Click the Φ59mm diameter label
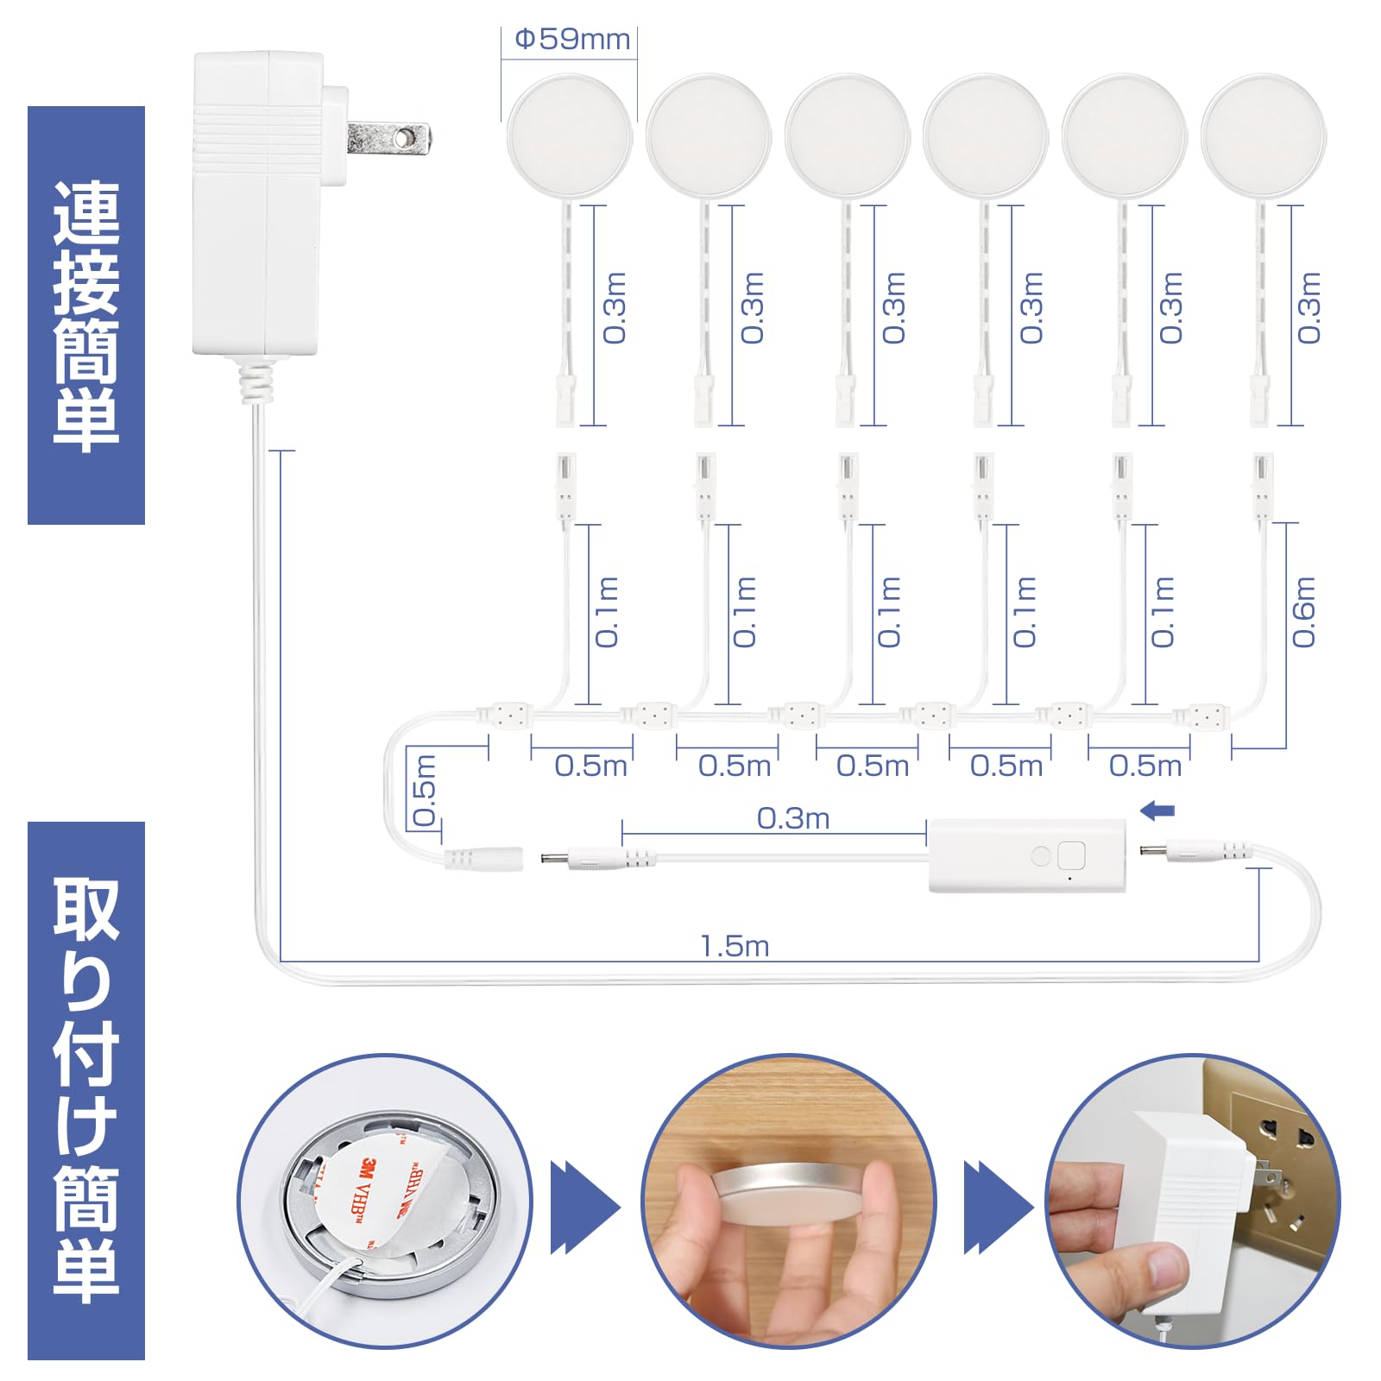pos(571,40)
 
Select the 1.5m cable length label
pos(735,946)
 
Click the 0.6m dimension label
pos(1303,612)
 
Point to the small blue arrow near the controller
pos(1157,810)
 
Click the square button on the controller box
pos(1071,855)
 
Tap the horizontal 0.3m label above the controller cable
pos(792,818)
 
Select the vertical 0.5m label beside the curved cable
pos(425,790)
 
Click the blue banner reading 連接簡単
pos(86,315)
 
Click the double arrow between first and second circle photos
pos(584,1207)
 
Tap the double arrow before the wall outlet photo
pos(997,1207)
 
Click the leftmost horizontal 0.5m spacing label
pos(590,766)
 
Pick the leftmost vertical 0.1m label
pos(608,612)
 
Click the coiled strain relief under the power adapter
pos(255,382)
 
